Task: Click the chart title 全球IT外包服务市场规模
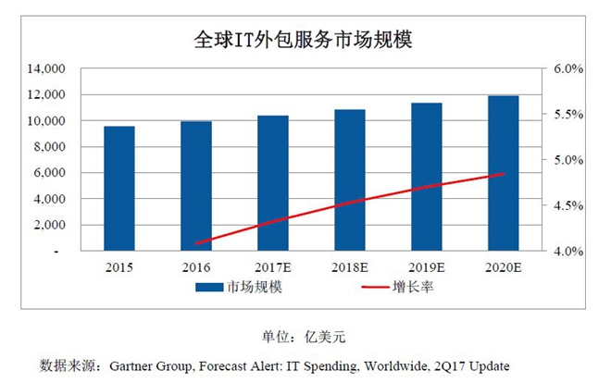pos(303,41)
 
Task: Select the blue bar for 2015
pos(118,188)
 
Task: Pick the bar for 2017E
pos(272,182)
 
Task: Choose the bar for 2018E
pos(350,179)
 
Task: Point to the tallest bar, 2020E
pos(504,173)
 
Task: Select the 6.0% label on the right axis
pos(567,69)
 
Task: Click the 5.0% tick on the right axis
pos(567,160)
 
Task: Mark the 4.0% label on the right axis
pos(567,251)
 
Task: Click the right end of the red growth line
pos(504,174)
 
